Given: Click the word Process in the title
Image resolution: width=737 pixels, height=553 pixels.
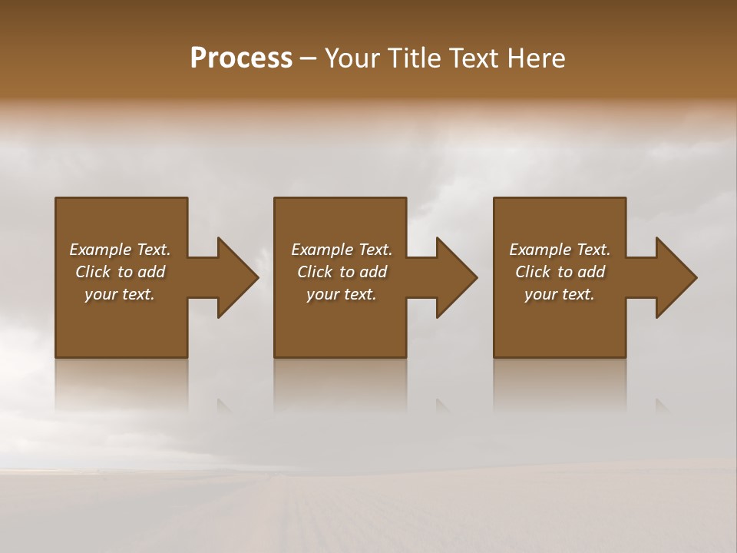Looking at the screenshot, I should point(241,58).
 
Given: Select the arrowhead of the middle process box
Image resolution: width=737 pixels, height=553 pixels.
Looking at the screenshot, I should point(456,277).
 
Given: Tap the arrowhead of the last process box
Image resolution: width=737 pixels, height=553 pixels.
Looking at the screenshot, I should point(676,277).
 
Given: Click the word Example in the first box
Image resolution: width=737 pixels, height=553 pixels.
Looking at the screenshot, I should point(100,250).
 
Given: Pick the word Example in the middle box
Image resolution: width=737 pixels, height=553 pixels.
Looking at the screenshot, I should point(322,250).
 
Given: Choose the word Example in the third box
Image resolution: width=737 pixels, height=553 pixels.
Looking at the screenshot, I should point(540,250).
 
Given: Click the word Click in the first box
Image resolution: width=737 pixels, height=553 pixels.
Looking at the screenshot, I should point(93,272).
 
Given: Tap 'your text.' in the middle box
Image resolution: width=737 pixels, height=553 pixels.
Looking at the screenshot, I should point(342,294).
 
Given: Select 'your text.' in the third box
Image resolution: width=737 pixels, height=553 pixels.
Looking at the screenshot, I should point(560,294).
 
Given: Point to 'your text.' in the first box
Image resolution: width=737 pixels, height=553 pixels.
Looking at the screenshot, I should point(120,294).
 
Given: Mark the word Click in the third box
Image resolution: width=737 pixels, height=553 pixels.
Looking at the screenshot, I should point(533,272).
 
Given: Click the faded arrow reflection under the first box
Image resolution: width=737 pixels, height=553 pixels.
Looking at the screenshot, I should point(225,406).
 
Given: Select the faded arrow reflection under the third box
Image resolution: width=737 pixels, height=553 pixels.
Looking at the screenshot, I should point(663,406).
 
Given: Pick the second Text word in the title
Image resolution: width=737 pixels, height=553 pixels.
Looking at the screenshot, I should point(476,58).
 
